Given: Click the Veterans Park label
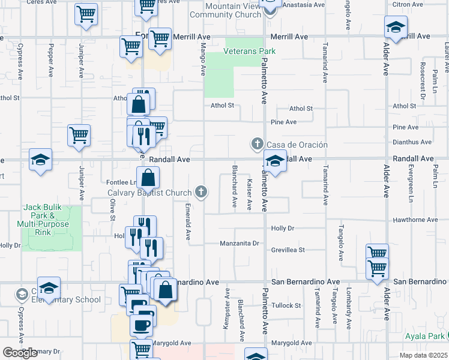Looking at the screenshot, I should [249, 52].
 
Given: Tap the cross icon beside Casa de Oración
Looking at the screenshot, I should [257, 143].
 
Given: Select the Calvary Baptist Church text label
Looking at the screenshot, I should [149, 193].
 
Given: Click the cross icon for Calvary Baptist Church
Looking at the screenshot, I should [201, 192].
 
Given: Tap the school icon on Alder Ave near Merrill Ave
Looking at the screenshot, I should [396, 27].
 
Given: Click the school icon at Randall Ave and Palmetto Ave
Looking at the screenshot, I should [275, 161].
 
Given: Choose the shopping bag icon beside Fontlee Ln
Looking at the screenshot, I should [148, 178].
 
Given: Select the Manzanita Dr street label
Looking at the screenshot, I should [239, 244].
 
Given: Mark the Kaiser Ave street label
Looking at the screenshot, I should [249, 194].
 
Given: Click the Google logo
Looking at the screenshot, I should [20, 353].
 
